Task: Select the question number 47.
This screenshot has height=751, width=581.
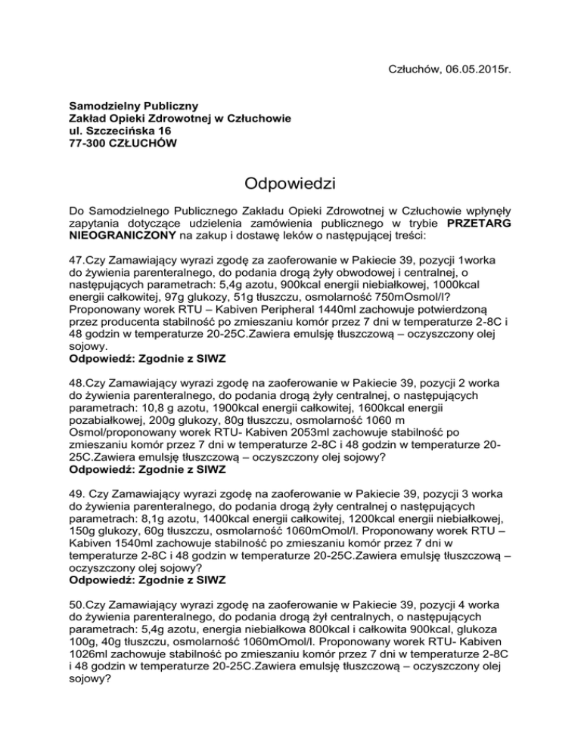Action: coord(76,263)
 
